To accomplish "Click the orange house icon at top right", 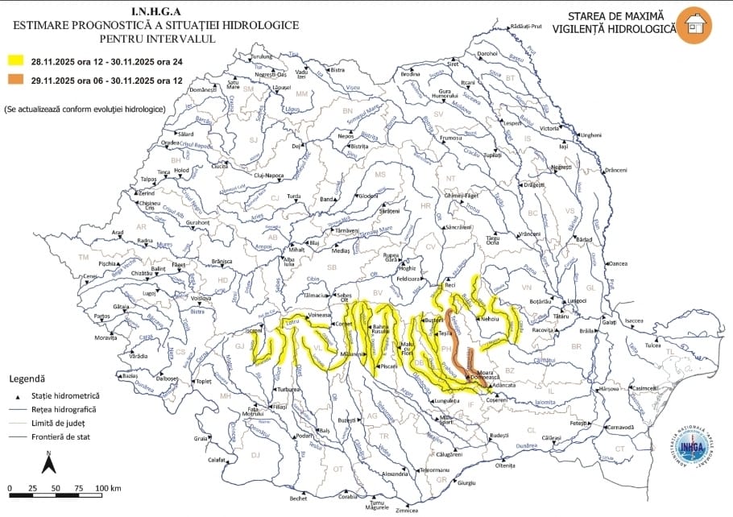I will click(694, 25).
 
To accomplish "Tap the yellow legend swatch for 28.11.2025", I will click(16, 60).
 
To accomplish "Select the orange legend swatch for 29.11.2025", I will click(16, 79).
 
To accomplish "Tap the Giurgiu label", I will click(467, 482).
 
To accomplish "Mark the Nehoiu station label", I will click(491, 320).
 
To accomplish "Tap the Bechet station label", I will click(299, 498).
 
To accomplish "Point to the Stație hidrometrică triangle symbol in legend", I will click(15, 396).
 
